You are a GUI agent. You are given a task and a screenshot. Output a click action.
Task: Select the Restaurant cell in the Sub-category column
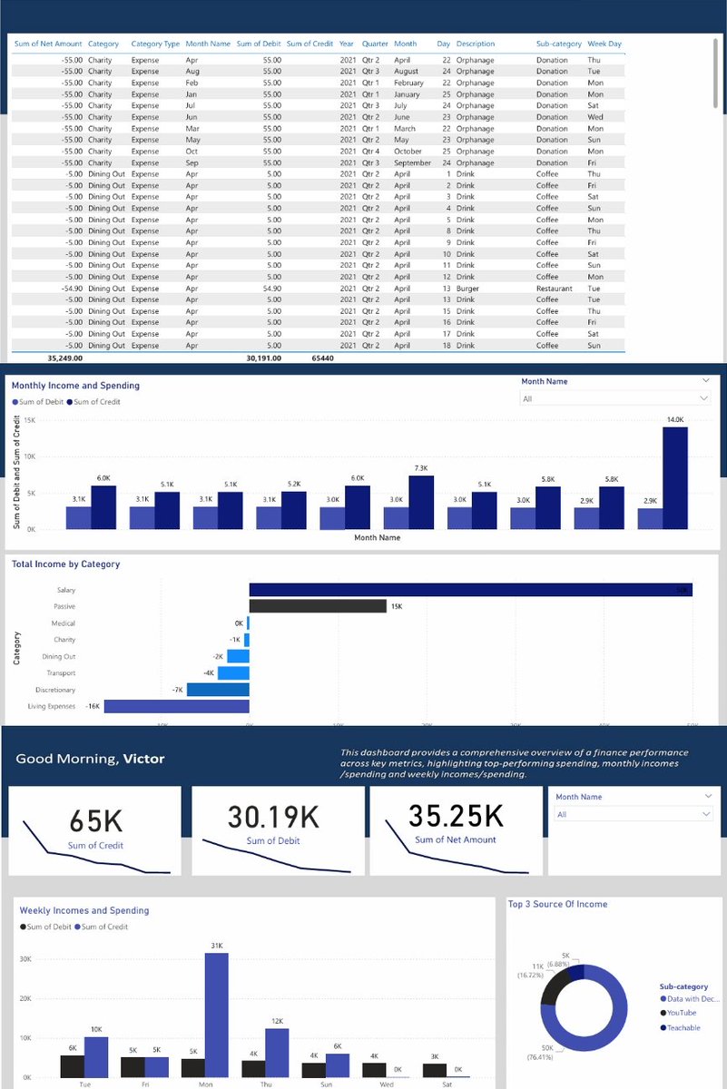click(x=554, y=289)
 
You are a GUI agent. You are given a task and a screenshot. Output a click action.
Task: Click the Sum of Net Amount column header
click(x=48, y=44)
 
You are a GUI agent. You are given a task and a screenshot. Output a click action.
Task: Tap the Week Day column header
click(x=604, y=44)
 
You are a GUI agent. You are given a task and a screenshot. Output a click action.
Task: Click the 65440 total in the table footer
click(x=322, y=358)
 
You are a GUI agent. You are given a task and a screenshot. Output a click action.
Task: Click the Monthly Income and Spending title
click(x=75, y=386)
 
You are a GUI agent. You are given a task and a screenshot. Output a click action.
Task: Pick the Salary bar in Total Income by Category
click(x=470, y=590)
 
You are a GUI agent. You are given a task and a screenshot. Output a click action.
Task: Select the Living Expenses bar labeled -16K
click(x=176, y=706)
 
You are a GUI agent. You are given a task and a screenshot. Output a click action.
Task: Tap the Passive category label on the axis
click(x=64, y=606)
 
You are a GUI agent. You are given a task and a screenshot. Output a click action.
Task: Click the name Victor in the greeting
click(x=143, y=759)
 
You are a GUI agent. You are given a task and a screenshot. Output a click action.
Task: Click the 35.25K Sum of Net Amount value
click(x=456, y=815)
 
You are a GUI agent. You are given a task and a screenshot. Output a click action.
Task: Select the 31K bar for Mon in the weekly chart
click(x=216, y=1015)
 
